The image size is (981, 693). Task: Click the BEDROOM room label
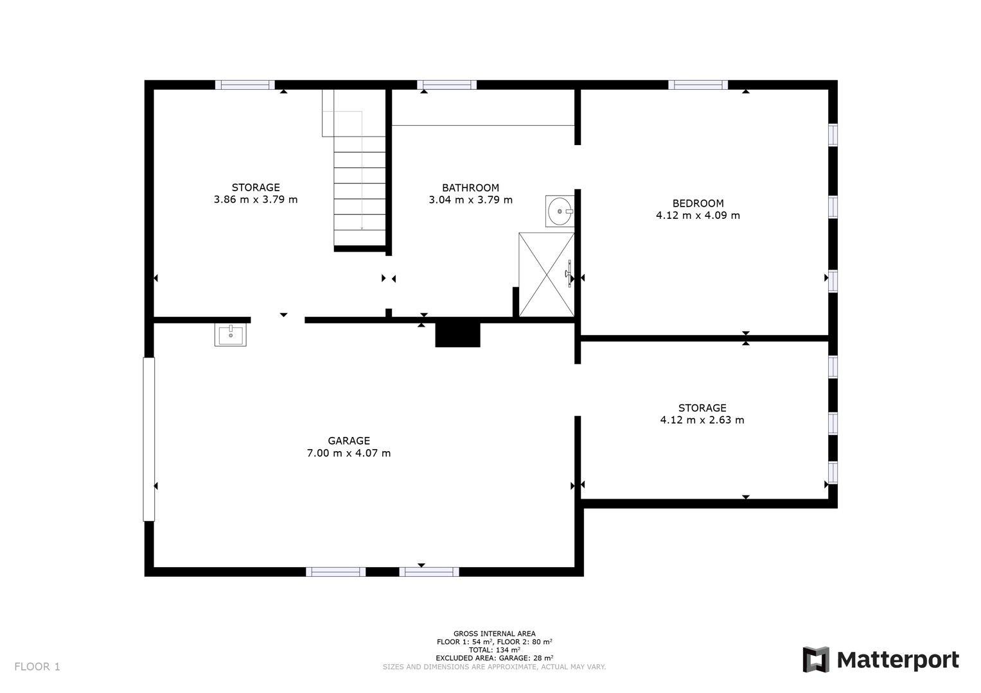pyautogui.click(x=698, y=203)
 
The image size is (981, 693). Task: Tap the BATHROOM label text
pyautogui.click(x=470, y=188)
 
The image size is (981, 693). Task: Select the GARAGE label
pyautogui.click(x=349, y=441)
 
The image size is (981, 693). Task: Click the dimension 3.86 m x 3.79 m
pyautogui.click(x=256, y=200)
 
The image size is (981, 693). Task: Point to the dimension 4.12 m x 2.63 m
pyautogui.click(x=702, y=420)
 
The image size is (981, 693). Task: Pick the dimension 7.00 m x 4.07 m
pyautogui.click(x=349, y=453)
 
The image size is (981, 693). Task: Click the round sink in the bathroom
pyautogui.click(x=560, y=211)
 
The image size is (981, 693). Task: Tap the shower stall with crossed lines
pyautogui.click(x=547, y=275)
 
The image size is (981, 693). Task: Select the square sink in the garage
pyautogui.click(x=231, y=335)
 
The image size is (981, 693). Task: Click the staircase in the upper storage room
pyautogui.click(x=354, y=171)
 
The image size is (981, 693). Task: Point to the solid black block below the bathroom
pyautogui.click(x=457, y=335)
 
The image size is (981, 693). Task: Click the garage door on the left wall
pyautogui.click(x=149, y=440)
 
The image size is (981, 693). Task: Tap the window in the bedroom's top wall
pyautogui.click(x=698, y=85)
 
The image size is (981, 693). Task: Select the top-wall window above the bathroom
pyautogui.click(x=446, y=85)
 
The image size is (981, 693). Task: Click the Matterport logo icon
pyautogui.click(x=816, y=660)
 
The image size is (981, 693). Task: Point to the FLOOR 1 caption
pyautogui.click(x=37, y=667)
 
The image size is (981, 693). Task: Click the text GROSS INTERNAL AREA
pyautogui.click(x=495, y=633)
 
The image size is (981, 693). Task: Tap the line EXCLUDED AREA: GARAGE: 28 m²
pyautogui.click(x=495, y=658)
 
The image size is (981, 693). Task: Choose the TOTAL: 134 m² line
pyautogui.click(x=495, y=649)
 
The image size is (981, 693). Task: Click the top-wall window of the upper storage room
pyautogui.click(x=245, y=85)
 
